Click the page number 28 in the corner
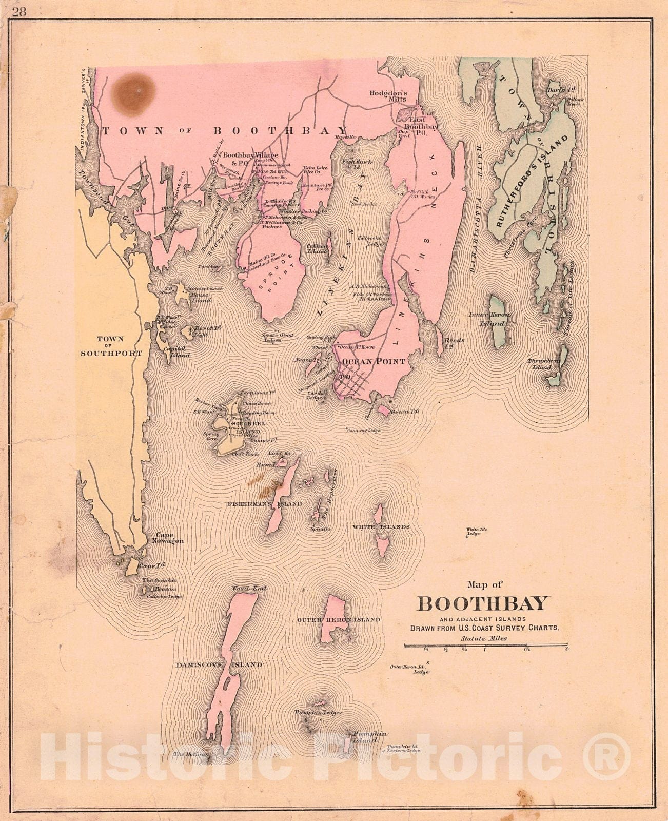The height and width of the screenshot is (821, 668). pyautogui.click(x=19, y=11)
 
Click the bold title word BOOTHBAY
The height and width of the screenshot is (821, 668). pyautogui.click(x=483, y=603)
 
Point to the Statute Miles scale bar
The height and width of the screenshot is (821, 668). pyautogui.click(x=485, y=644)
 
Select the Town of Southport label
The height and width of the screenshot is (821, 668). pyautogui.click(x=110, y=346)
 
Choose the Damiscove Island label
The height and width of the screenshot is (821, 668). pyautogui.click(x=219, y=664)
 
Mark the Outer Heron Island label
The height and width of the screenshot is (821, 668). pyautogui.click(x=339, y=620)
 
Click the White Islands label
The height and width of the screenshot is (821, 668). pyautogui.click(x=381, y=527)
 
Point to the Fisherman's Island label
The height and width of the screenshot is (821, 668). pyautogui.click(x=265, y=504)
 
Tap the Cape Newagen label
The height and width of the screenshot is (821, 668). pyautogui.click(x=169, y=538)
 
